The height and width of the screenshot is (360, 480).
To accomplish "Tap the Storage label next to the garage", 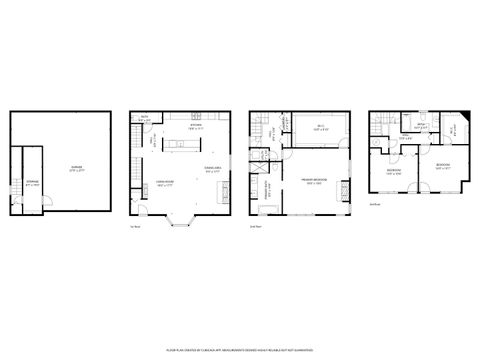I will click(31, 182).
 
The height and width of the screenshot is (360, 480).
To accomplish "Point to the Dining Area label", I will click(211, 169).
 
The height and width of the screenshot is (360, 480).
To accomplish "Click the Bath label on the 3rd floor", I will click(420, 125).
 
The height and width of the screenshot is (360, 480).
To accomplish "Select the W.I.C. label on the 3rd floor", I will click(452, 129).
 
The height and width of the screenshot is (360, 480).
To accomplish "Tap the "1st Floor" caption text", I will click(135, 228).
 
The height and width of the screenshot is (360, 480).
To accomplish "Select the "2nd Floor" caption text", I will click(255, 228).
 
